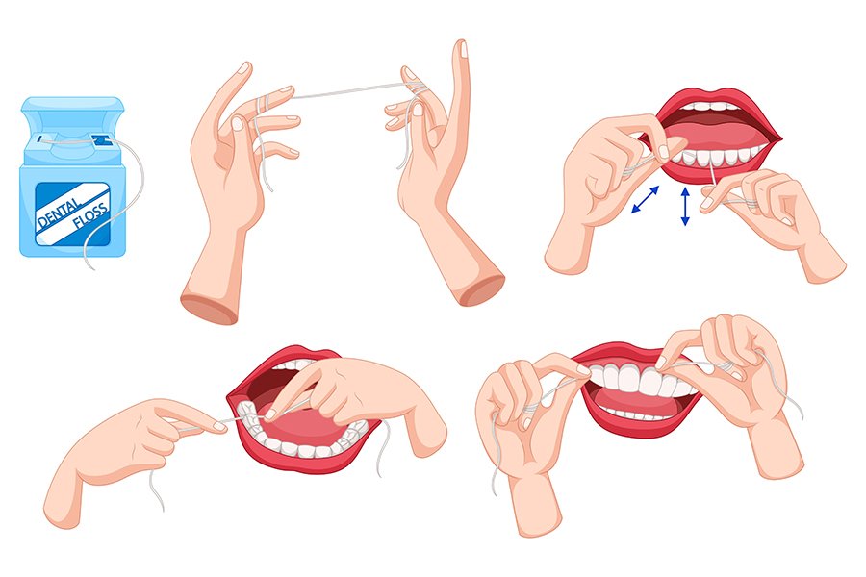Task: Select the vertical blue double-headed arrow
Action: pos(685,207)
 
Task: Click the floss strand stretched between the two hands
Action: pos(342,92)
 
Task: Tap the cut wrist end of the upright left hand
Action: pos(210,307)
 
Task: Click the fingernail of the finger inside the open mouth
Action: pos(273,414)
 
